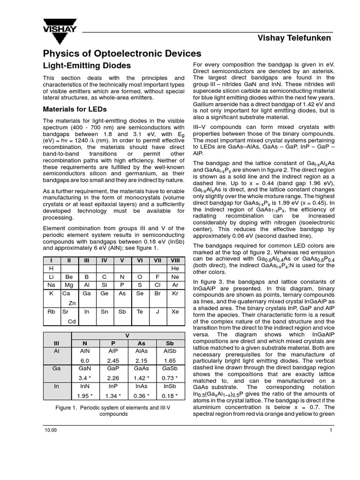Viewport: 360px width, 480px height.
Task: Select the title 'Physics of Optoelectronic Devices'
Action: (x=122, y=53)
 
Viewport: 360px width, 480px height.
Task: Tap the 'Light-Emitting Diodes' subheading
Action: (x=87, y=66)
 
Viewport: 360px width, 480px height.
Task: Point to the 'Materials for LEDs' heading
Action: (x=75, y=109)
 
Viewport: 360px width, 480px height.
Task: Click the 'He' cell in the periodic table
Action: (x=175, y=268)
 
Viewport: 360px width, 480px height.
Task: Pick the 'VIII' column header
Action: (x=175, y=260)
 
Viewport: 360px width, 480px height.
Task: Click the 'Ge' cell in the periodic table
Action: (x=104, y=293)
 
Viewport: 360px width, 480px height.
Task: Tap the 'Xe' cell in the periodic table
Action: (x=175, y=311)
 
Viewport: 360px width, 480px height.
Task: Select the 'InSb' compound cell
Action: (x=170, y=387)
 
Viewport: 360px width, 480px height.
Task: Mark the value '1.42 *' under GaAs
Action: (x=141, y=378)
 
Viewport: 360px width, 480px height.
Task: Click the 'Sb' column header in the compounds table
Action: (x=170, y=343)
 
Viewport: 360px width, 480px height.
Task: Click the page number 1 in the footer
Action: (x=330, y=430)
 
